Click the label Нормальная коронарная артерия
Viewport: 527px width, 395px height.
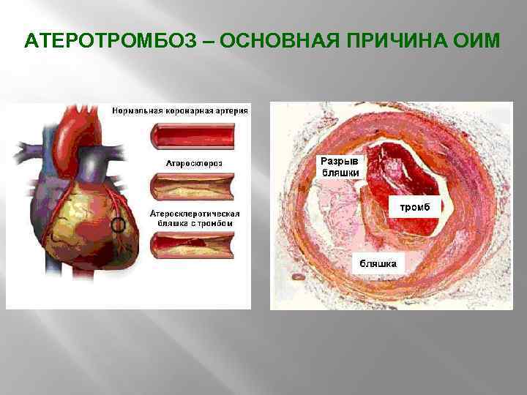click(x=179, y=111)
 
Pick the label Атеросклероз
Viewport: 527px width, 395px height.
click(x=195, y=162)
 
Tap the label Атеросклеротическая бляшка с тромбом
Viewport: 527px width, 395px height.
click(x=193, y=217)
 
